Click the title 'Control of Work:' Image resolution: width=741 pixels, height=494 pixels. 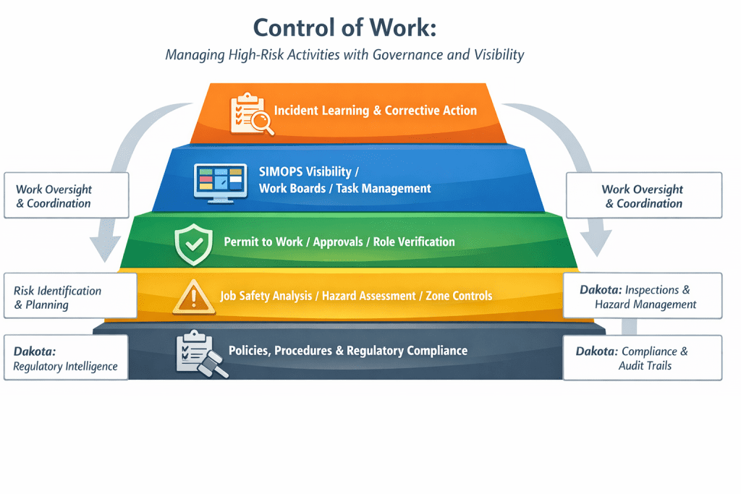pyautogui.click(x=344, y=27)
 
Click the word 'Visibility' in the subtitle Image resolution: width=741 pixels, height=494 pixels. pyautogui.click(x=499, y=55)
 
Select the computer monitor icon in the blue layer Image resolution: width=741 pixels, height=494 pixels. pyautogui.click(x=220, y=183)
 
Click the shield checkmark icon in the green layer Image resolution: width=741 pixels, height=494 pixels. pyautogui.click(x=193, y=244)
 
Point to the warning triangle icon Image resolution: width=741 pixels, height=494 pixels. pyautogui.click(x=194, y=297)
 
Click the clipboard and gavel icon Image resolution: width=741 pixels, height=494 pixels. pyautogui.click(x=202, y=354)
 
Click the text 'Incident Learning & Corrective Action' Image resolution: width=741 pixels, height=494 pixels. pyautogui.click(x=376, y=111)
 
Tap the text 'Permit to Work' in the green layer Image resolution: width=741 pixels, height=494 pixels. pyautogui.click(x=263, y=242)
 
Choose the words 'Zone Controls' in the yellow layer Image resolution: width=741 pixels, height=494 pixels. pyautogui.click(x=459, y=296)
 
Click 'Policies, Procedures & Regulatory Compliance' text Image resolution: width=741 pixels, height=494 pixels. pyautogui.click(x=348, y=350)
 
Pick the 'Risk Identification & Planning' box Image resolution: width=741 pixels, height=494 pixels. pyautogui.click(x=70, y=296)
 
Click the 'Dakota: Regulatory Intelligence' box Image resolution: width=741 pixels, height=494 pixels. pyautogui.click(x=66, y=357)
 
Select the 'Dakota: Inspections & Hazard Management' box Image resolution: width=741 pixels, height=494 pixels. pyautogui.click(x=643, y=296)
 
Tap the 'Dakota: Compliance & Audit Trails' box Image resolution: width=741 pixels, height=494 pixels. pyautogui.click(x=643, y=357)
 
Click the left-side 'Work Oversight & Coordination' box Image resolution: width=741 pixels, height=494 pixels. pyautogui.click(x=66, y=195)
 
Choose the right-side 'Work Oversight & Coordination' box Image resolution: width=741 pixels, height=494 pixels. pyautogui.click(x=644, y=195)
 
